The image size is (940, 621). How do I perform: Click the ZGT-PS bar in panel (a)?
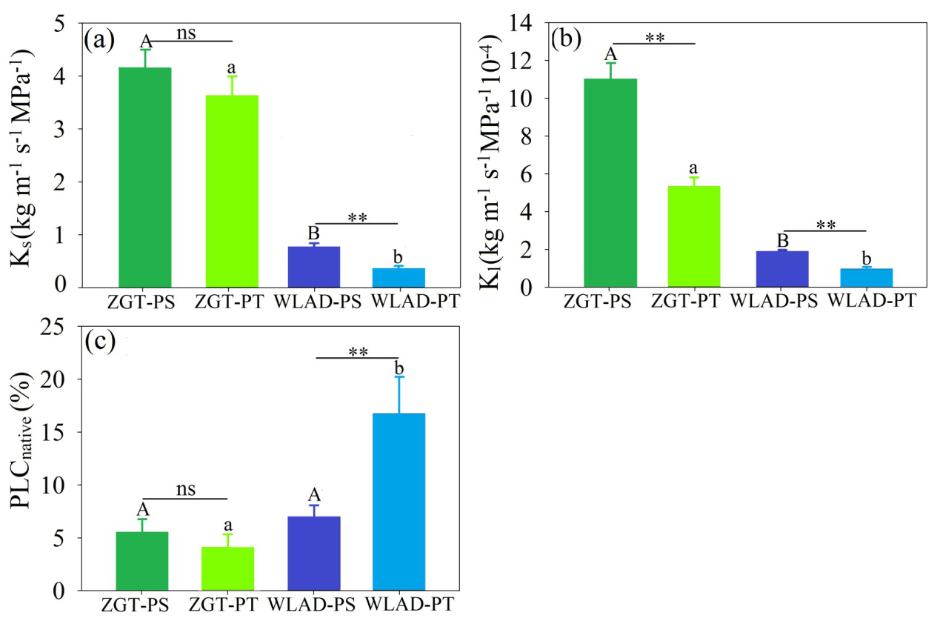tap(144, 177)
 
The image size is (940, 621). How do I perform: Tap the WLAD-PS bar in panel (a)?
tap(313, 267)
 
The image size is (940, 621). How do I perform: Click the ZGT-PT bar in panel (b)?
tap(694, 236)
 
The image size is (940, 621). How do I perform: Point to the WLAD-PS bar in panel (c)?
tap(313, 553)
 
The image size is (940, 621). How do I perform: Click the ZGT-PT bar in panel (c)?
tap(227, 568)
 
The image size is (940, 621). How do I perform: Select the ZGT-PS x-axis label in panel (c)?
tap(142, 605)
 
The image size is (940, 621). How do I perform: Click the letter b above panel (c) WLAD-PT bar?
tap(399, 369)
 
